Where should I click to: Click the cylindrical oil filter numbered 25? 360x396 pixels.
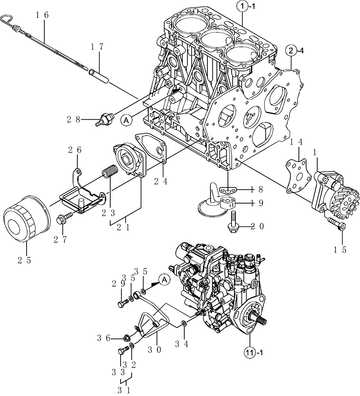click(26, 218)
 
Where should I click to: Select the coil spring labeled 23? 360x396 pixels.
click(109, 173)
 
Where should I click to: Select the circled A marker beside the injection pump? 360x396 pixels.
click(164, 280)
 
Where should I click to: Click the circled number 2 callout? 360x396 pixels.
click(291, 50)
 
